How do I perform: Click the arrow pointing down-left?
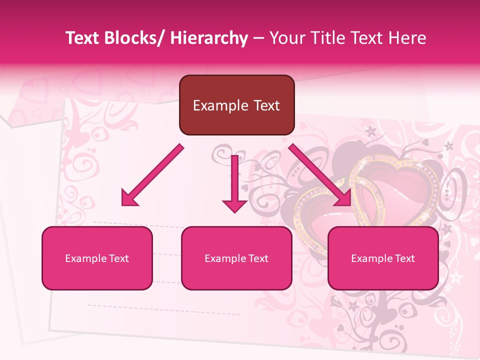point(152,175)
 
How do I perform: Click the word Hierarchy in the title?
point(208,38)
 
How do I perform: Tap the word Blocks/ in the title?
point(134,38)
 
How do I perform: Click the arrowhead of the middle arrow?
point(234,205)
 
